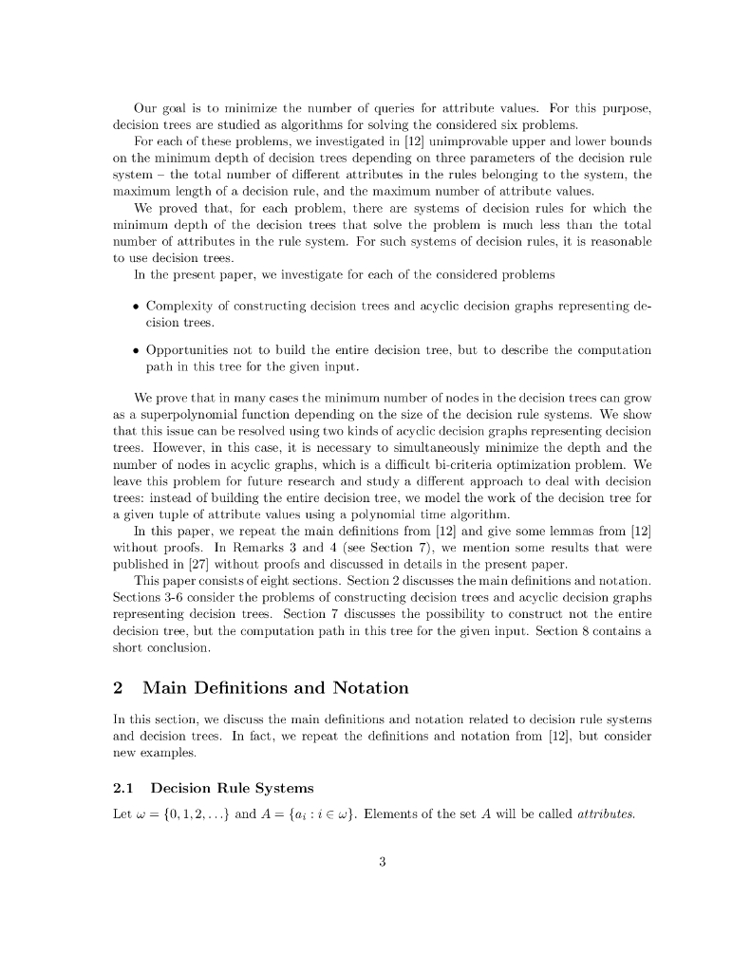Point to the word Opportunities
[x=193, y=350]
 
